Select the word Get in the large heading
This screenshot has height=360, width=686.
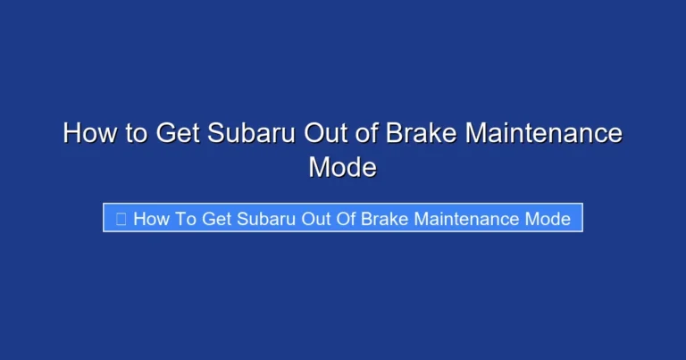click(x=179, y=134)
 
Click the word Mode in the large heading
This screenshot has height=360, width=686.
click(x=342, y=166)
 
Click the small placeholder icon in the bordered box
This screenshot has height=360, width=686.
click(x=121, y=219)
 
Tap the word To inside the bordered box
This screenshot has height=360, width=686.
click(x=186, y=219)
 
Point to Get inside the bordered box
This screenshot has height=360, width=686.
click(x=217, y=219)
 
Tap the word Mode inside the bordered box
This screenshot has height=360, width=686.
click(x=549, y=219)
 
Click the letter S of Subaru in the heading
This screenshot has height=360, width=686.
click(x=217, y=134)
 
